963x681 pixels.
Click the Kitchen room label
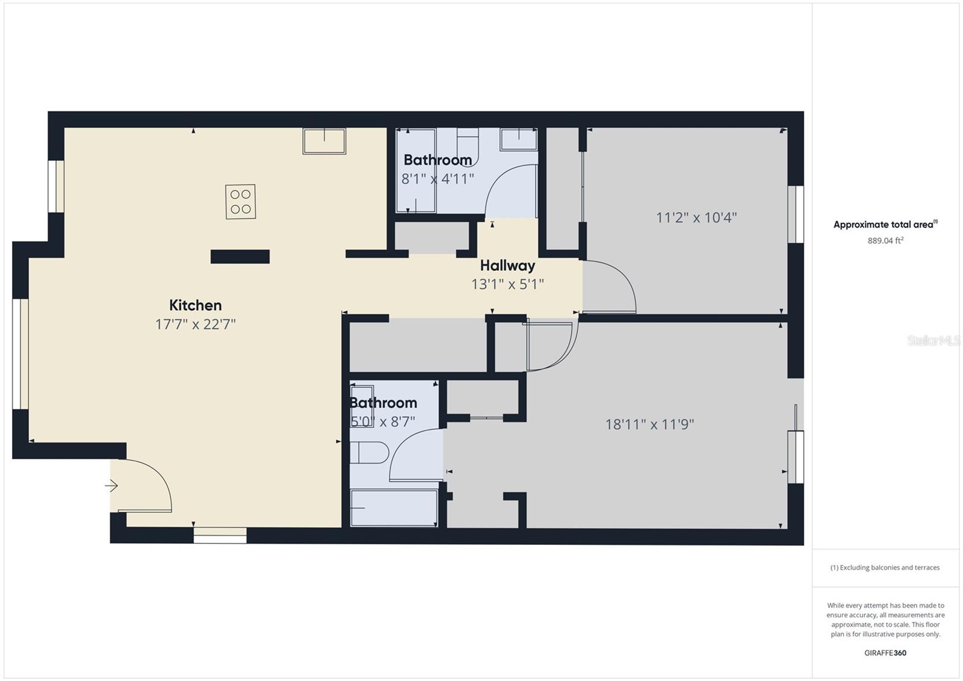[x=196, y=305]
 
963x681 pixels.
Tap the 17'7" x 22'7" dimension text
[x=196, y=324]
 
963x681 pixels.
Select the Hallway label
[x=508, y=266]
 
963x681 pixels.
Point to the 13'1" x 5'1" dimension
[x=508, y=284]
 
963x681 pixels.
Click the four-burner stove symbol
[x=240, y=202]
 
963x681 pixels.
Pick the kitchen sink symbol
[x=324, y=141]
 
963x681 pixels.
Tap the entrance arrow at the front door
[x=111, y=486]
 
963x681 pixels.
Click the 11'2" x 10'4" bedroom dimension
[x=696, y=218]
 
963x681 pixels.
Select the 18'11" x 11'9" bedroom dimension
[x=649, y=424]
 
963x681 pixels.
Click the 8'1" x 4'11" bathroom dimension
[x=438, y=179]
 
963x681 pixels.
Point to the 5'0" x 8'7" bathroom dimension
[x=383, y=421]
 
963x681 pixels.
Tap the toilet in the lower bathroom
[x=370, y=452]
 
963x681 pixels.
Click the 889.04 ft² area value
[x=885, y=240]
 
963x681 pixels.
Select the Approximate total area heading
[x=885, y=224]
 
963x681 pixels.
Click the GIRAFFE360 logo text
[x=885, y=653]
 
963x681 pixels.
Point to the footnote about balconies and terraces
[x=885, y=567]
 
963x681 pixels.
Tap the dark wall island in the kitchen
[x=240, y=257]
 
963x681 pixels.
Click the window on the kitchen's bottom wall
[x=220, y=535]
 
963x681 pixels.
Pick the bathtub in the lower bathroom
[x=394, y=508]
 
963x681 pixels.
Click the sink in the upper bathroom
[x=519, y=139]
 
